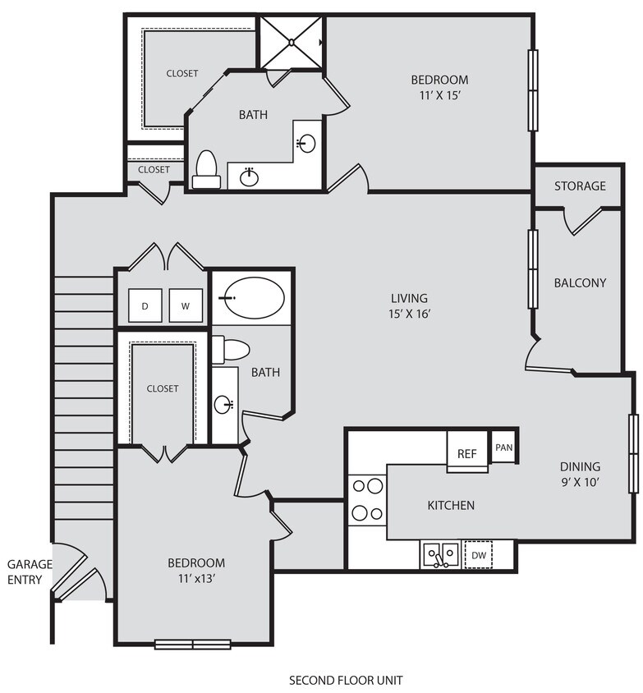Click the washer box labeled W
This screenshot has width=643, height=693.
point(186,306)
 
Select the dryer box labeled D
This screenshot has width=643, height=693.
point(145,306)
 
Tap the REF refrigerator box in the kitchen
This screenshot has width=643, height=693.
point(466,453)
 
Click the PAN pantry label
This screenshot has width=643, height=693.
point(503,448)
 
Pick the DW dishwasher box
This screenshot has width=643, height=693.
point(478,555)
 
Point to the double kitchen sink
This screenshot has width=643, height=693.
point(441,555)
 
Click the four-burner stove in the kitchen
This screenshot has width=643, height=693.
point(367,499)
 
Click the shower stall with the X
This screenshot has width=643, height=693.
point(292,43)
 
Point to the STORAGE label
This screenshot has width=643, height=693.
point(580,186)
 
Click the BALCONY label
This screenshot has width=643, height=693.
point(580,282)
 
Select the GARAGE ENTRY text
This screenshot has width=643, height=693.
point(30,572)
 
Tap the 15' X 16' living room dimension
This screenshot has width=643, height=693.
point(409,313)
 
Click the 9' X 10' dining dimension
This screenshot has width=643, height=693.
point(580,482)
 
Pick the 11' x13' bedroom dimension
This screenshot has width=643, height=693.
point(196,577)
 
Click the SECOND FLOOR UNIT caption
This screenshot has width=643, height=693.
point(346,680)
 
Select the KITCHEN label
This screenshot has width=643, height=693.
point(450,505)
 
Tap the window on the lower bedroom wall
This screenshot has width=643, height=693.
point(193,644)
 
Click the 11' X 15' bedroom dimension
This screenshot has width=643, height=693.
point(439,95)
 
